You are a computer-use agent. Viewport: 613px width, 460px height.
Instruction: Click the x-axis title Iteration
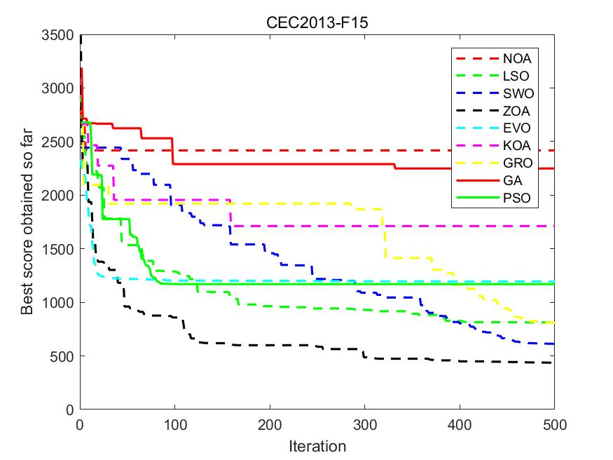click(317, 446)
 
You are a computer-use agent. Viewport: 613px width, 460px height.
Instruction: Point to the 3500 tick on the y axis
click(60, 34)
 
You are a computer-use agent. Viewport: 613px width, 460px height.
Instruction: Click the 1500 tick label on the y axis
click(60, 249)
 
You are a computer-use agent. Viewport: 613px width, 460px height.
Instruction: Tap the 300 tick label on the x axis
click(364, 424)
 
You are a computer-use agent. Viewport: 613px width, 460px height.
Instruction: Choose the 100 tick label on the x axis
click(175, 424)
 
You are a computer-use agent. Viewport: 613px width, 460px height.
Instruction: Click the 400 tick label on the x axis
click(460, 424)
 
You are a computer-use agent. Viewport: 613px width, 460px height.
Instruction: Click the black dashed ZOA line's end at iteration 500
click(553, 363)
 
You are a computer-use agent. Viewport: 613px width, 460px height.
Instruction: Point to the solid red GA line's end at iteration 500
click(553, 168)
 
